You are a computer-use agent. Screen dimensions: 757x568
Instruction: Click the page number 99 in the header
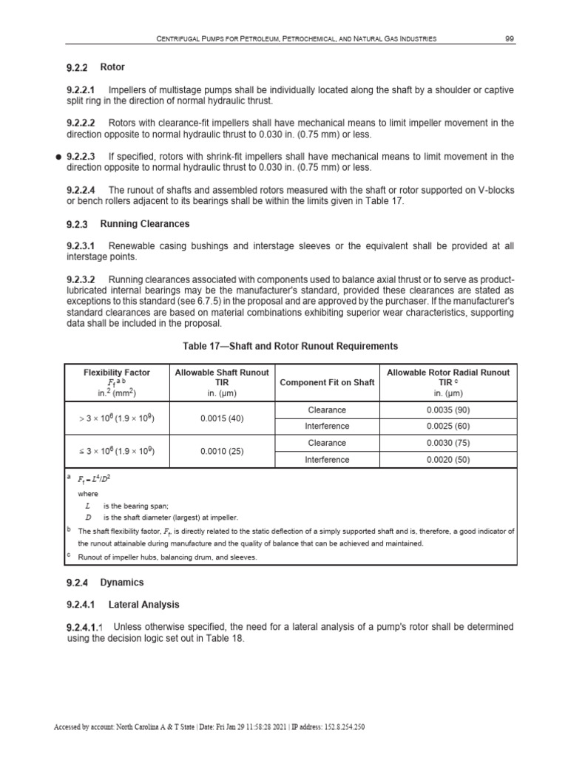[510, 38]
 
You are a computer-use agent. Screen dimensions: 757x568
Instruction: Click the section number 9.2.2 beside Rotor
[77, 68]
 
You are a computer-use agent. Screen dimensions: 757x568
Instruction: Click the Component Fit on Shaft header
[327, 382]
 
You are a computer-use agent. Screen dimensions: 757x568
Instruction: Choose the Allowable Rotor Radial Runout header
[449, 377]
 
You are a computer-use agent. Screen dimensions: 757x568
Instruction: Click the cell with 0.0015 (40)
[222, 418]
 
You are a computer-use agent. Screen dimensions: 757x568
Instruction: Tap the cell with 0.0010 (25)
[222, 451]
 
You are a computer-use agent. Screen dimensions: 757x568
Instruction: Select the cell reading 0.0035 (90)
[449, 410]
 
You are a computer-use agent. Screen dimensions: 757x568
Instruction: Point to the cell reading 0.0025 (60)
[449, 427]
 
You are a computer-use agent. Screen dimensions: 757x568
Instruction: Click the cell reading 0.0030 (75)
[449, 443]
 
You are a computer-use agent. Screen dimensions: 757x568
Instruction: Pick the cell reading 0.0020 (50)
[449, 460]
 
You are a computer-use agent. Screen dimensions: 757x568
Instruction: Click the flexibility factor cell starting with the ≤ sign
[117, 451]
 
